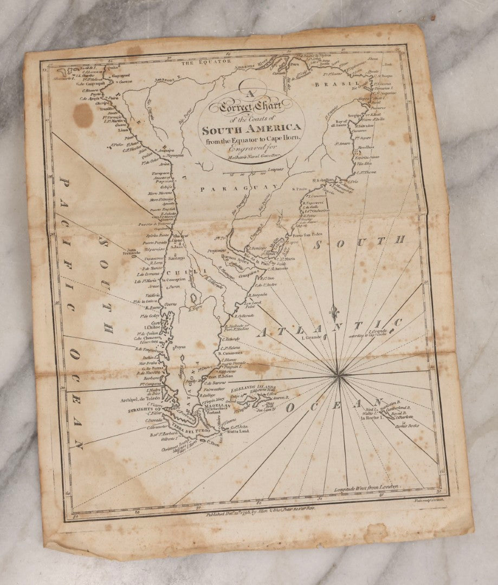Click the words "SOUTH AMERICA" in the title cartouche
coord(251,129)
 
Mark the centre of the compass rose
coord(339,373)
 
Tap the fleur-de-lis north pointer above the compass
coord(335,314)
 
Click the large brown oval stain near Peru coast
coord(83,115)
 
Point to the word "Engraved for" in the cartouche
coord(251,149)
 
